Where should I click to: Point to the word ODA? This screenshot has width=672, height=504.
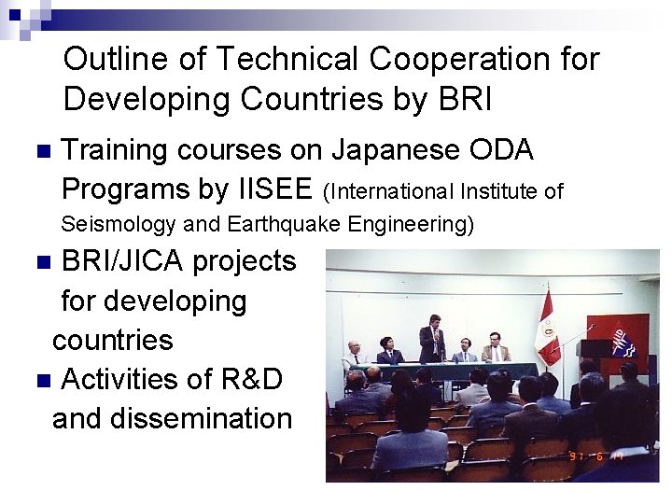point(508,149)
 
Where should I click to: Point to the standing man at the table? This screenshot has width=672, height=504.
point(432,341)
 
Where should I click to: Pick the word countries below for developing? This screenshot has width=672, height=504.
point(113,340)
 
